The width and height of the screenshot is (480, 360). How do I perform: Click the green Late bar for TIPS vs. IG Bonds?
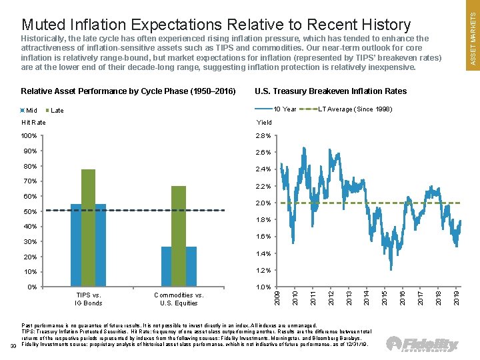[x=88, y=228]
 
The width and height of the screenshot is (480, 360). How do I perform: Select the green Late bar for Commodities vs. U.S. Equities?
[x=178, y=236]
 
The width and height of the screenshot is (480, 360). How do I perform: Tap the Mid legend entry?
[x=29, y=111]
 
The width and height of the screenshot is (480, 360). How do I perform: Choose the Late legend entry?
[x=55, y=111]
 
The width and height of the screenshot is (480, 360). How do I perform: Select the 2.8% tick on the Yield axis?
[x=265, y=136]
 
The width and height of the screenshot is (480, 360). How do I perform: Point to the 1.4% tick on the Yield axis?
[x=265, y=254]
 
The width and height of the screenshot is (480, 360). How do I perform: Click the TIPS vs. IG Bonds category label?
[x=88, y=299]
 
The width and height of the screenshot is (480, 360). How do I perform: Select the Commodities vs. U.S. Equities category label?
[x=178, y=299]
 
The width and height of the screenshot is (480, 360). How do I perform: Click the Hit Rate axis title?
[x=34, y=123]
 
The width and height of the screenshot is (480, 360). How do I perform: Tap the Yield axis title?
[x=265, y=123]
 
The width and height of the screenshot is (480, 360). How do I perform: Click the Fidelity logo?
[x=423, y=344]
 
